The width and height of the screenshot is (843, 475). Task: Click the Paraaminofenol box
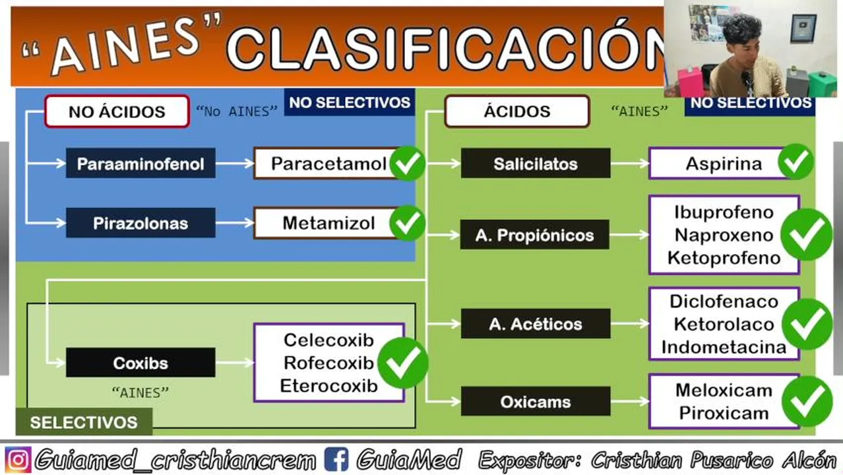point(140,164)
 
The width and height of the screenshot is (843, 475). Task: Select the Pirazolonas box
point(140,223)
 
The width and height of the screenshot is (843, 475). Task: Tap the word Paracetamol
point(328,164)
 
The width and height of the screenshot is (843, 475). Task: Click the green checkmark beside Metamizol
point(408,223)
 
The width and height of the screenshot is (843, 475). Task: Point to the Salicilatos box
point(536,164)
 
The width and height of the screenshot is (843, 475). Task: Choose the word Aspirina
point(724,164)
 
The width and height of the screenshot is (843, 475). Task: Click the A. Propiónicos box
point(535,234)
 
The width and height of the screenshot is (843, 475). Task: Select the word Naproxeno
point(724,236)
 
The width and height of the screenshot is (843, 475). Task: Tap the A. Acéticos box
point(536,323)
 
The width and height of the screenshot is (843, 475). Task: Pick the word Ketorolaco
point(724,325)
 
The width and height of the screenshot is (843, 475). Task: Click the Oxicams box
point(536,401)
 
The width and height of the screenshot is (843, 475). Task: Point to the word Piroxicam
point(724,413)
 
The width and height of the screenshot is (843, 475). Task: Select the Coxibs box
point(140,362)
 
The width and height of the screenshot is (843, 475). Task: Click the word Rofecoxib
point(328,364)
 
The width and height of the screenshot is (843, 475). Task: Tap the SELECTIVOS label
point(84,422)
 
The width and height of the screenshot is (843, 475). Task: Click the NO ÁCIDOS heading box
point(117,111)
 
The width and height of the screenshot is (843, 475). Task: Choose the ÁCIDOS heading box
point(517,111)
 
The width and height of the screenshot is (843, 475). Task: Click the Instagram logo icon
point(18,459)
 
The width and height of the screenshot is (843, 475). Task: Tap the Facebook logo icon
point(336,459)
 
